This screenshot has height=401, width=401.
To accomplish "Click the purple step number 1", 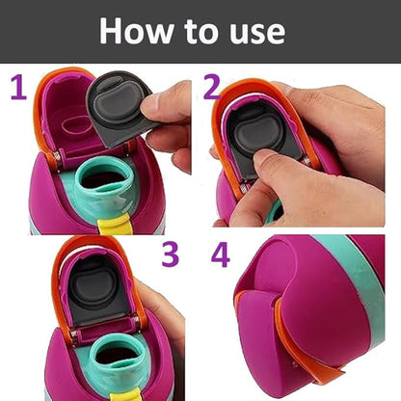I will point(17,89).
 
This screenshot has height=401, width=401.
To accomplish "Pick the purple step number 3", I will point(171,254).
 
